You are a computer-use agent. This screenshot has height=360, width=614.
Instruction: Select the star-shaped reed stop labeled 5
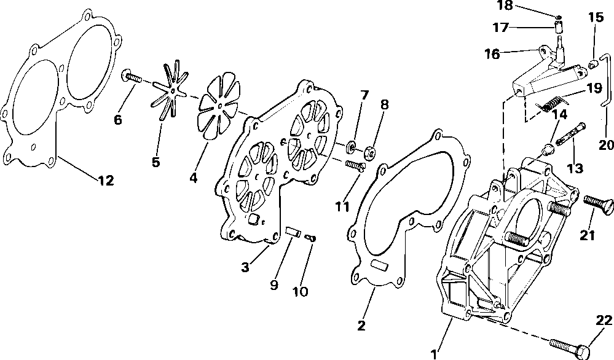170,92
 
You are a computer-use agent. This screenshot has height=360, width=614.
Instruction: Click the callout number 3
245,267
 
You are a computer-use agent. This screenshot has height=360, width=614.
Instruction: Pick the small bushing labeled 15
593,63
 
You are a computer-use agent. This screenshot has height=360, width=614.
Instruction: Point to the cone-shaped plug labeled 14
545,149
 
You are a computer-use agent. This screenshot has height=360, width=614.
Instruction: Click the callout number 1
435,354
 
